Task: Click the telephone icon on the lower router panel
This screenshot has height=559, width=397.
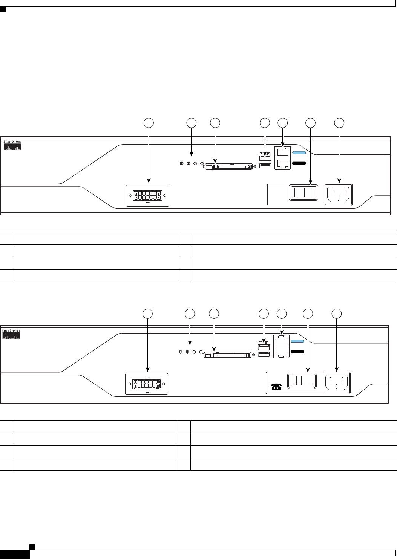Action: (277, 387)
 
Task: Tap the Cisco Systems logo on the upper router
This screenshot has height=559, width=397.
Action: (13, 146)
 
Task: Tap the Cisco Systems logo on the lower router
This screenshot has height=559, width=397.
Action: (11, 334)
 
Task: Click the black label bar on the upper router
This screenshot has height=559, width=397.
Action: (299, 163)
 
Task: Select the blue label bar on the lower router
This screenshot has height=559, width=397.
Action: (297, 341)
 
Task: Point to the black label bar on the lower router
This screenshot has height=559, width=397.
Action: (297, 352)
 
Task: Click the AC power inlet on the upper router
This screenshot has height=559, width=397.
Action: (338, 194)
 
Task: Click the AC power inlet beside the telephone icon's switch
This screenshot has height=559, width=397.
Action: (337, 383)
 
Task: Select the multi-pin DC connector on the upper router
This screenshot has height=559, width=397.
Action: (147, 196)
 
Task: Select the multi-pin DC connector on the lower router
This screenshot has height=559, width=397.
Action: (147, 384)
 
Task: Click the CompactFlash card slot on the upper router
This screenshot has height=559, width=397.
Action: (229, 166)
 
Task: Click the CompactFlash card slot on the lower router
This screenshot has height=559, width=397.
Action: (228, 355)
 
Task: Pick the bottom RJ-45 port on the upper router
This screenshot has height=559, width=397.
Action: (282, 164)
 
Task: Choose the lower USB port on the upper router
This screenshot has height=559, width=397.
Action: (265, 166)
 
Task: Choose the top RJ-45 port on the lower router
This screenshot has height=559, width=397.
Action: (281, 341)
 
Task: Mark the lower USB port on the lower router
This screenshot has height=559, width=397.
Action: (264, 354)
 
